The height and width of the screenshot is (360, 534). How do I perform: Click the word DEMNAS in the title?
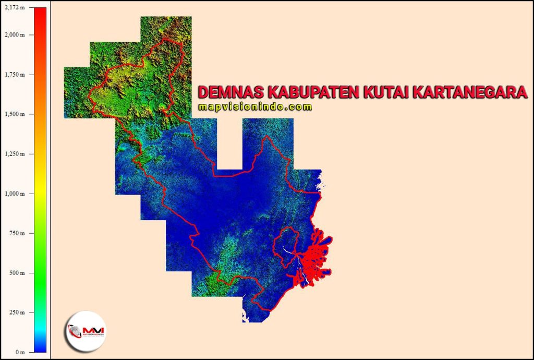[x=230, y=93]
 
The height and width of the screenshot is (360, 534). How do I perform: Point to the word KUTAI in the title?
[x=386, y=93]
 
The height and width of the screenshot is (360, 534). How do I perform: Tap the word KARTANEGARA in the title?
[x=470, y=93]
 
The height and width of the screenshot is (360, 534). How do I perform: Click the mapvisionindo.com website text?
[x=255, y=107]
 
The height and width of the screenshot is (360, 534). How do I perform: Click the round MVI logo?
[x=85, y=331]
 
